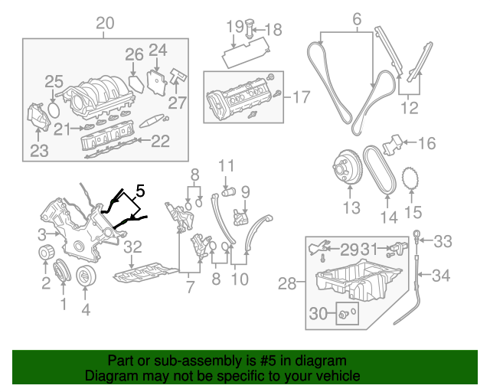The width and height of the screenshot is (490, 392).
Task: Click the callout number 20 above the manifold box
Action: tap(105, 24)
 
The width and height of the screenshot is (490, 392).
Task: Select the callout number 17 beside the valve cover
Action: tap(302, 97)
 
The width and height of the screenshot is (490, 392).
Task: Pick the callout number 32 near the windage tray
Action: tap(132, 247)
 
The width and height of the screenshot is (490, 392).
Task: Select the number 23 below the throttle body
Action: tap(39, 151)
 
